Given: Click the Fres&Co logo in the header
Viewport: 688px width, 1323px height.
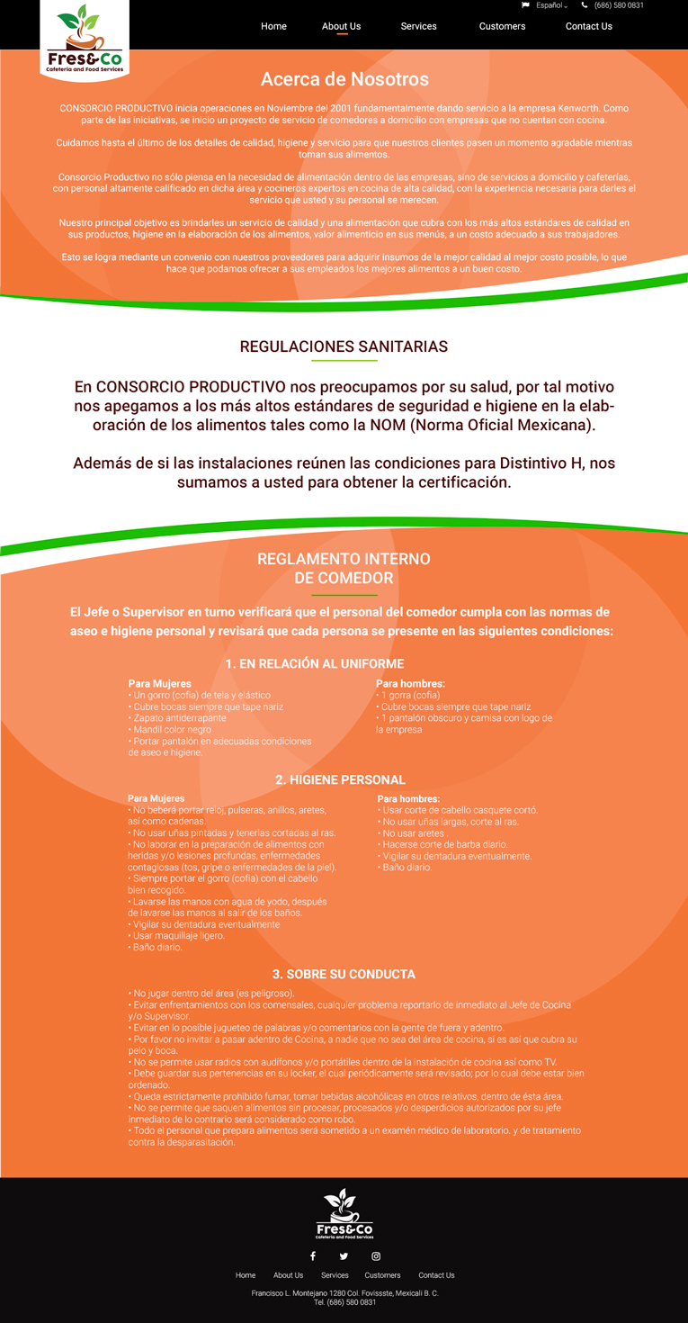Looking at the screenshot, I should click(x=85, y=40).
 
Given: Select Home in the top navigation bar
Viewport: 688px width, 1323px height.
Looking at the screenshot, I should click(x=273, y=26).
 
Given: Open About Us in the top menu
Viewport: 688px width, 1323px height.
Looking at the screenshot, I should click(x=341, y=26).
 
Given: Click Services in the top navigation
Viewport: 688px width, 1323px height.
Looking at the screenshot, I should click(x=418, y=26).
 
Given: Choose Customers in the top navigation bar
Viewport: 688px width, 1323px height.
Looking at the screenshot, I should click(x=502, y=26).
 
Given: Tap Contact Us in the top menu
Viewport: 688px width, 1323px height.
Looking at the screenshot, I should click(x=588, y=26).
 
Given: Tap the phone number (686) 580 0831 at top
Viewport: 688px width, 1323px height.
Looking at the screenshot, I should click(x=619, y=5).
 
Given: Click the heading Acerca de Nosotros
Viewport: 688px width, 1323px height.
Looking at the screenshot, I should click(x=344, y=79).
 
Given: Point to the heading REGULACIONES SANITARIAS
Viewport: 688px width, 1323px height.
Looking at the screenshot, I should click(x=344, y=346).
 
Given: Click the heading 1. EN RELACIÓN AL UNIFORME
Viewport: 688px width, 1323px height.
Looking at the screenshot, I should click(x=315, y=664).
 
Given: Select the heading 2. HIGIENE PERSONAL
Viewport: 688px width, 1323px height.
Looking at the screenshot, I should click(x=340, y=779).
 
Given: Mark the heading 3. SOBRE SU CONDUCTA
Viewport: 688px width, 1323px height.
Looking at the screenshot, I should click(x=344, y=974).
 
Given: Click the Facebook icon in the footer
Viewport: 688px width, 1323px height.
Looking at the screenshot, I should click(x=313, y=1255).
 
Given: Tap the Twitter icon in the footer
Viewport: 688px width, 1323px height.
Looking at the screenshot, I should click(x=344, y=1255).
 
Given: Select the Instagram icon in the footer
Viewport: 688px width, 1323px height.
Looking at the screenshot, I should click(x=376, y=1255).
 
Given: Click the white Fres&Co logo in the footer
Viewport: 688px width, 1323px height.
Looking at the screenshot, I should click(x=344, y=1214).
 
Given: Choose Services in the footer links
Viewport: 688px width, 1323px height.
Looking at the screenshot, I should click(x=335, y=1275).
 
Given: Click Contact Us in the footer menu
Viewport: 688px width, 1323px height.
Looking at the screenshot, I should click(x=436, y=1275).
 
